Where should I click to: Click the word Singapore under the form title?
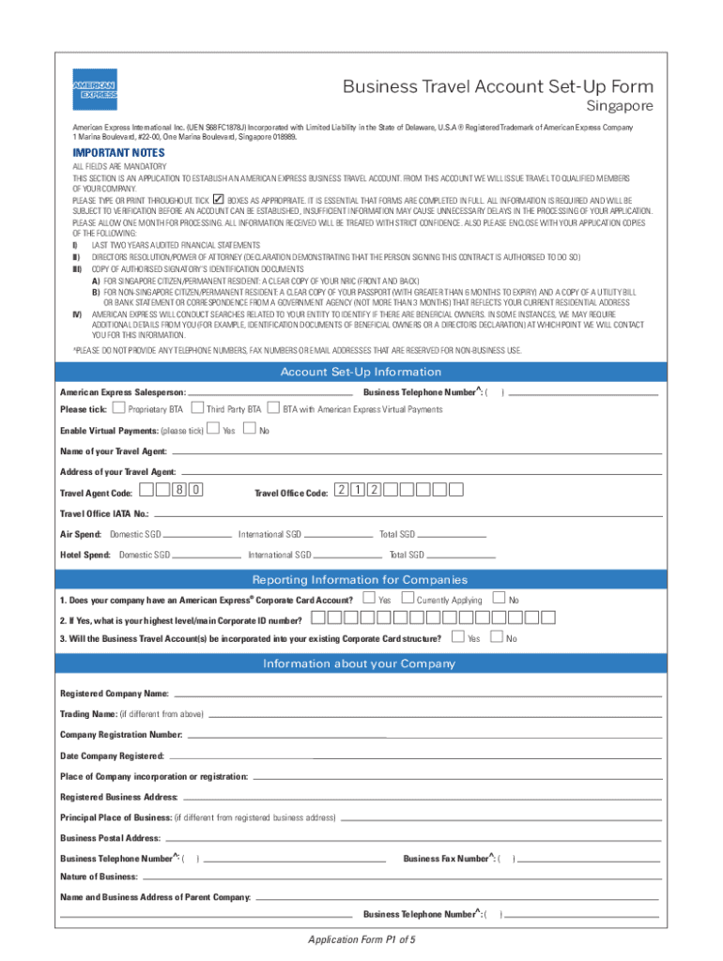coord(620,106)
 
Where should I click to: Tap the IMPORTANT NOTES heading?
coord(119,153)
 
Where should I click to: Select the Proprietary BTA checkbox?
coord(118,408)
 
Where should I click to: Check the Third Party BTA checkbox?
coord(197,408)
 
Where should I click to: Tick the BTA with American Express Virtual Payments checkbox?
coord(273,408)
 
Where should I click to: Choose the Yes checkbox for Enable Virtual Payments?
coord(213,429)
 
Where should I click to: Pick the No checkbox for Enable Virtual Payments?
coord(249,429)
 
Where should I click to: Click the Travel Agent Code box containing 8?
coord(178,490)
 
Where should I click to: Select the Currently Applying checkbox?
coord(408,599)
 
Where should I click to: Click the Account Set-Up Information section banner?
coord(361,373)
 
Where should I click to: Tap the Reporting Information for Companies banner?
coord(361,579)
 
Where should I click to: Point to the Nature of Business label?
coord(99,877)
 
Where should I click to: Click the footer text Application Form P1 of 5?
coord(361,939)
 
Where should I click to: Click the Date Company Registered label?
coord(112,755)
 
